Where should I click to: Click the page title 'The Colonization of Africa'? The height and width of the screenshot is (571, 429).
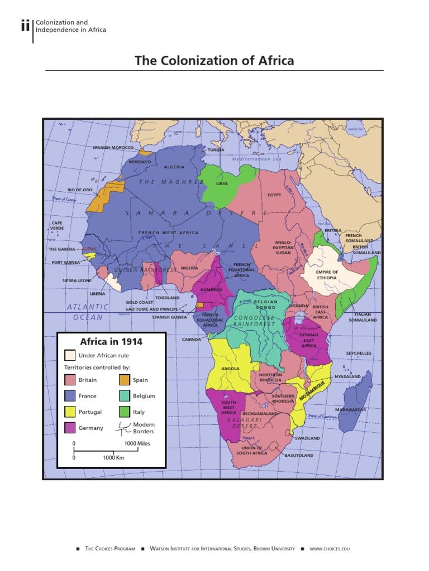pos(214,60)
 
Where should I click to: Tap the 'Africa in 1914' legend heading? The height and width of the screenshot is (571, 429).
pos(111,341)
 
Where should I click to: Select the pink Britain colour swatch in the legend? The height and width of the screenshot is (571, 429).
pos(70,380)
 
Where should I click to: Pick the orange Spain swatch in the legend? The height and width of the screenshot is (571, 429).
pos(124,380)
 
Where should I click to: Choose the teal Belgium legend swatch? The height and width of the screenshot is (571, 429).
pos(124,396)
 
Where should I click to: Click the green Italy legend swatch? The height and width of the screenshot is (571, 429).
pos(124,412)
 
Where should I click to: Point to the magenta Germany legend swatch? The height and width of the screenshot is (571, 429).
pos(70,428)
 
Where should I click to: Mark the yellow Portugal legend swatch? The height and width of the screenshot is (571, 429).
pos(70,412)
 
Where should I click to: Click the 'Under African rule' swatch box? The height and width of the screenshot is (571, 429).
pos(70,355)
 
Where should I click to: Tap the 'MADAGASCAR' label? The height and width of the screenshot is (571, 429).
pos(351,409)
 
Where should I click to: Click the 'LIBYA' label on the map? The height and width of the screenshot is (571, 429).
pos(222,183)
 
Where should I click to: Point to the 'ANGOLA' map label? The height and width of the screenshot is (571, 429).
pos(230,369)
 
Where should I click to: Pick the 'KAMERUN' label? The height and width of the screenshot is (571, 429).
pos(211,290)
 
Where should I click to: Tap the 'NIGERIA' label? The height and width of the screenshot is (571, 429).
pos(189,268)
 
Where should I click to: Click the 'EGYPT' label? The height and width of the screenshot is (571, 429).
pos(274,195)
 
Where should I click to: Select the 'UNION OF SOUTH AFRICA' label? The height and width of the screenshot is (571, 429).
pos(252,450)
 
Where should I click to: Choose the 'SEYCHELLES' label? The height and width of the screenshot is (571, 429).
pos(359,353)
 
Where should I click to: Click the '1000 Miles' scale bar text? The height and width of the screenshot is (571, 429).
pos(137,443)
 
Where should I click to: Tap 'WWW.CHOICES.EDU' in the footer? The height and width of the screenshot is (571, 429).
pos(330,549)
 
